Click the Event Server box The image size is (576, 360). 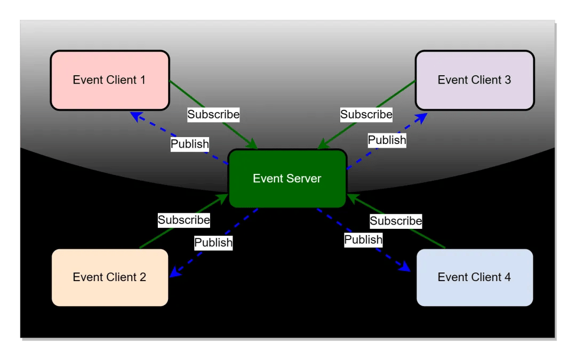pyautogui.click(x=287, y=179)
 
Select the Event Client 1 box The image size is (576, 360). pyautogui.click(x=110, y=81)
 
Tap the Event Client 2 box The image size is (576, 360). pyautogui.click(x=110, y=277)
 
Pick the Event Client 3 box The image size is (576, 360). pyautogui.click(x=474, y=81)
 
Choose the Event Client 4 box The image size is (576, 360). pyautogui.click(x=474, y=277)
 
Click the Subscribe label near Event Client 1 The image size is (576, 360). pyautogui.click(x=213, y=114)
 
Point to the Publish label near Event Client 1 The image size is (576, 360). pyautogui.click(x=189, y=144)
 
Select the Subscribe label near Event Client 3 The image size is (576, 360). pyautogui.click(x=366, y=114)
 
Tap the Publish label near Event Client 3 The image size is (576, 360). pyautogui.click(x=387, y=140)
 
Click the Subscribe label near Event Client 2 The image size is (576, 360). pyautogui.click(x=184, y=220)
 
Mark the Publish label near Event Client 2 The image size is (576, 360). pyautogui.click(x=213, y=243)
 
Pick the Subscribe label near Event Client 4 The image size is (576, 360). pyautogui.click(x=396, y=221)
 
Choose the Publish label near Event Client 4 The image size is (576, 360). pyautogui.click(x=363, y=240)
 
